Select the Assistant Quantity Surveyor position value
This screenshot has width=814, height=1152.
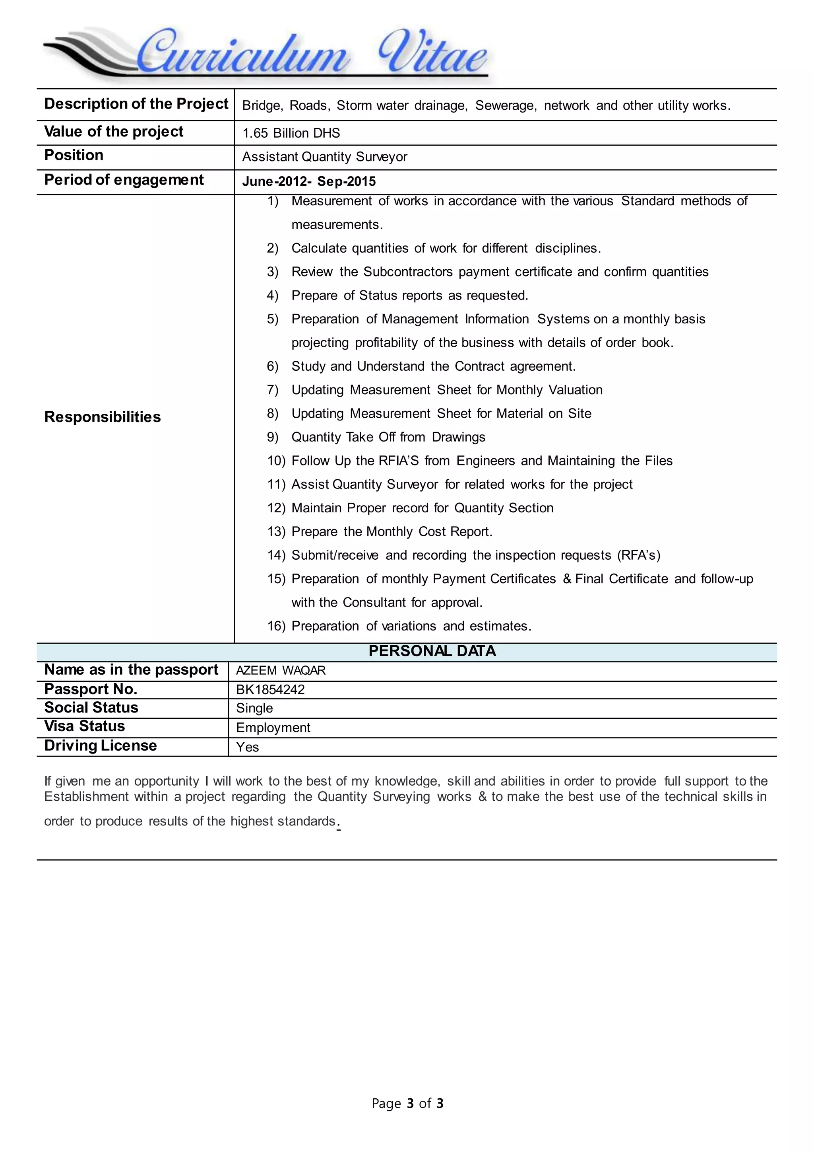click(x=325, y=157)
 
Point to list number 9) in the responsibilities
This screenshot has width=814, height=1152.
click(x=272, y=438)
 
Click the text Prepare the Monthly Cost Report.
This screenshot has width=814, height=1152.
click(x=392, y=532)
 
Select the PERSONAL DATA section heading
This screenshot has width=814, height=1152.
click(x=432, y=651)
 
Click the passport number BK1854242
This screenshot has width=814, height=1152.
click(x=270, y=690)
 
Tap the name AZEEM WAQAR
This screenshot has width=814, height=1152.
click(x=281, y=671)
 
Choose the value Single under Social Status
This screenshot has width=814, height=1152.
click(x=255, y=708)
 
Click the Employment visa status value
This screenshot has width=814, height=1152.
click(x=273, y=728)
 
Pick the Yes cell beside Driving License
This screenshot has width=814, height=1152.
click(x=248, y=747)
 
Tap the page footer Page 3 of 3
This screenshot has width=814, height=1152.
click(x=407, y=1103)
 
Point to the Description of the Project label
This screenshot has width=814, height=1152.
click(x=136, y=104)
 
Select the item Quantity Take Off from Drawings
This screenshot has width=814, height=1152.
click(x=388, y=438)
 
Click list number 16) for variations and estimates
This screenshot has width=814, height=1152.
click(x=276, y=626)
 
